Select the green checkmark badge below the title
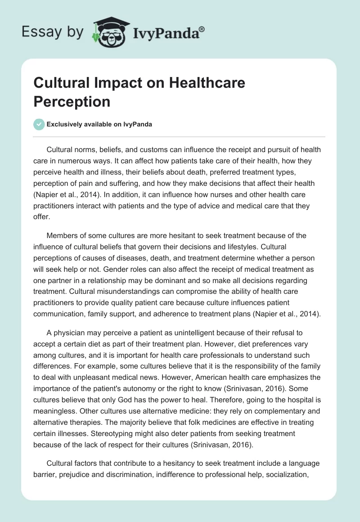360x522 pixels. pyautogui.click(x=39, y=124)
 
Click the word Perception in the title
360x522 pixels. pyautogui.click(x=72, y=101)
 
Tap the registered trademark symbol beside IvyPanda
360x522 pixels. pyautogui.click(x=202, y=28)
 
